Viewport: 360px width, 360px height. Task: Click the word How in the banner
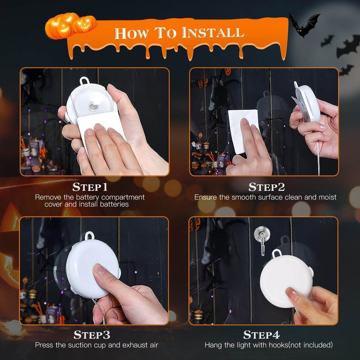tap(131, 33)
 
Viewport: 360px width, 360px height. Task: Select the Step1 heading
tap(90, 187)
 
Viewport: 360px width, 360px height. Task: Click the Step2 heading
tap(267, 187)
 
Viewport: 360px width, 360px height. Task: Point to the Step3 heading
tap(92, 335)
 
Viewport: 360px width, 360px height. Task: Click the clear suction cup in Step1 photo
tap(94, 107)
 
